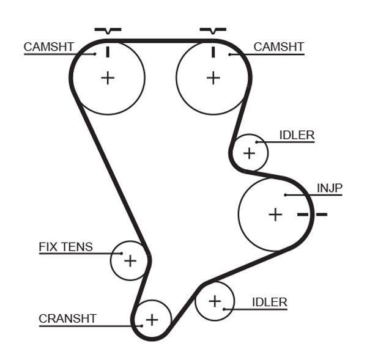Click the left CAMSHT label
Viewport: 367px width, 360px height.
(49, 47)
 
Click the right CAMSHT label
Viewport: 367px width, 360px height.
(278, 47)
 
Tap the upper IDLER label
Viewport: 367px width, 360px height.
(296, 135)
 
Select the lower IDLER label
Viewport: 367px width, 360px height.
(269, 302)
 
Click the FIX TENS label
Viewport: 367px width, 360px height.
(65, 247)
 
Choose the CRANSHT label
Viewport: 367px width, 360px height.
(67, 318)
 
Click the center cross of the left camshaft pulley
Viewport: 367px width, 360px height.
(108, 78)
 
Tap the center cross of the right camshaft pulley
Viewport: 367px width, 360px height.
(213, 78)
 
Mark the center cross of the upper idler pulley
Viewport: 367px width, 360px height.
(249, 153)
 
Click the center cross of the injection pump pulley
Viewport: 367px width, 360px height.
(276, 215)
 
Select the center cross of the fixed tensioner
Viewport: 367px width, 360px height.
(130, 261)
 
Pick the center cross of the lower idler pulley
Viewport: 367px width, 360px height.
(215, 301)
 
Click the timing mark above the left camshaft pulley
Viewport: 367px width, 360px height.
(108, 30)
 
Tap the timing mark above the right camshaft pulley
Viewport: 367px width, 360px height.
(213, 30)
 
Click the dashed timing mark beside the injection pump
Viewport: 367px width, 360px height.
(313, 214)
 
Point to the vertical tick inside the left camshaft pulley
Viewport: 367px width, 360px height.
(108, 51)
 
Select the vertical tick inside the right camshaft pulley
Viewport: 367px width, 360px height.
(213, 51)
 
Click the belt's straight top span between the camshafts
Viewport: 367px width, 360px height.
(160, 41)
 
